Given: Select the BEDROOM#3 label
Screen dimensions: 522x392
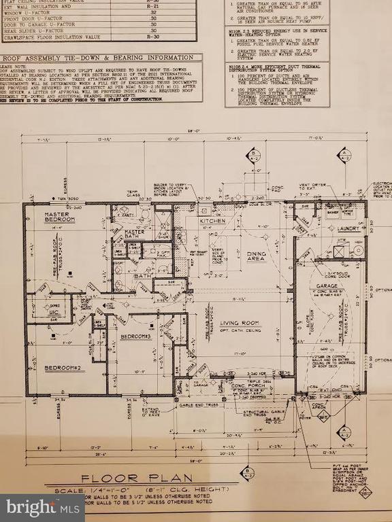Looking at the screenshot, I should coord(137,336).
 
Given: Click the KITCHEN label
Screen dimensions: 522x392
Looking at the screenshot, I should coord(212,222).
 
